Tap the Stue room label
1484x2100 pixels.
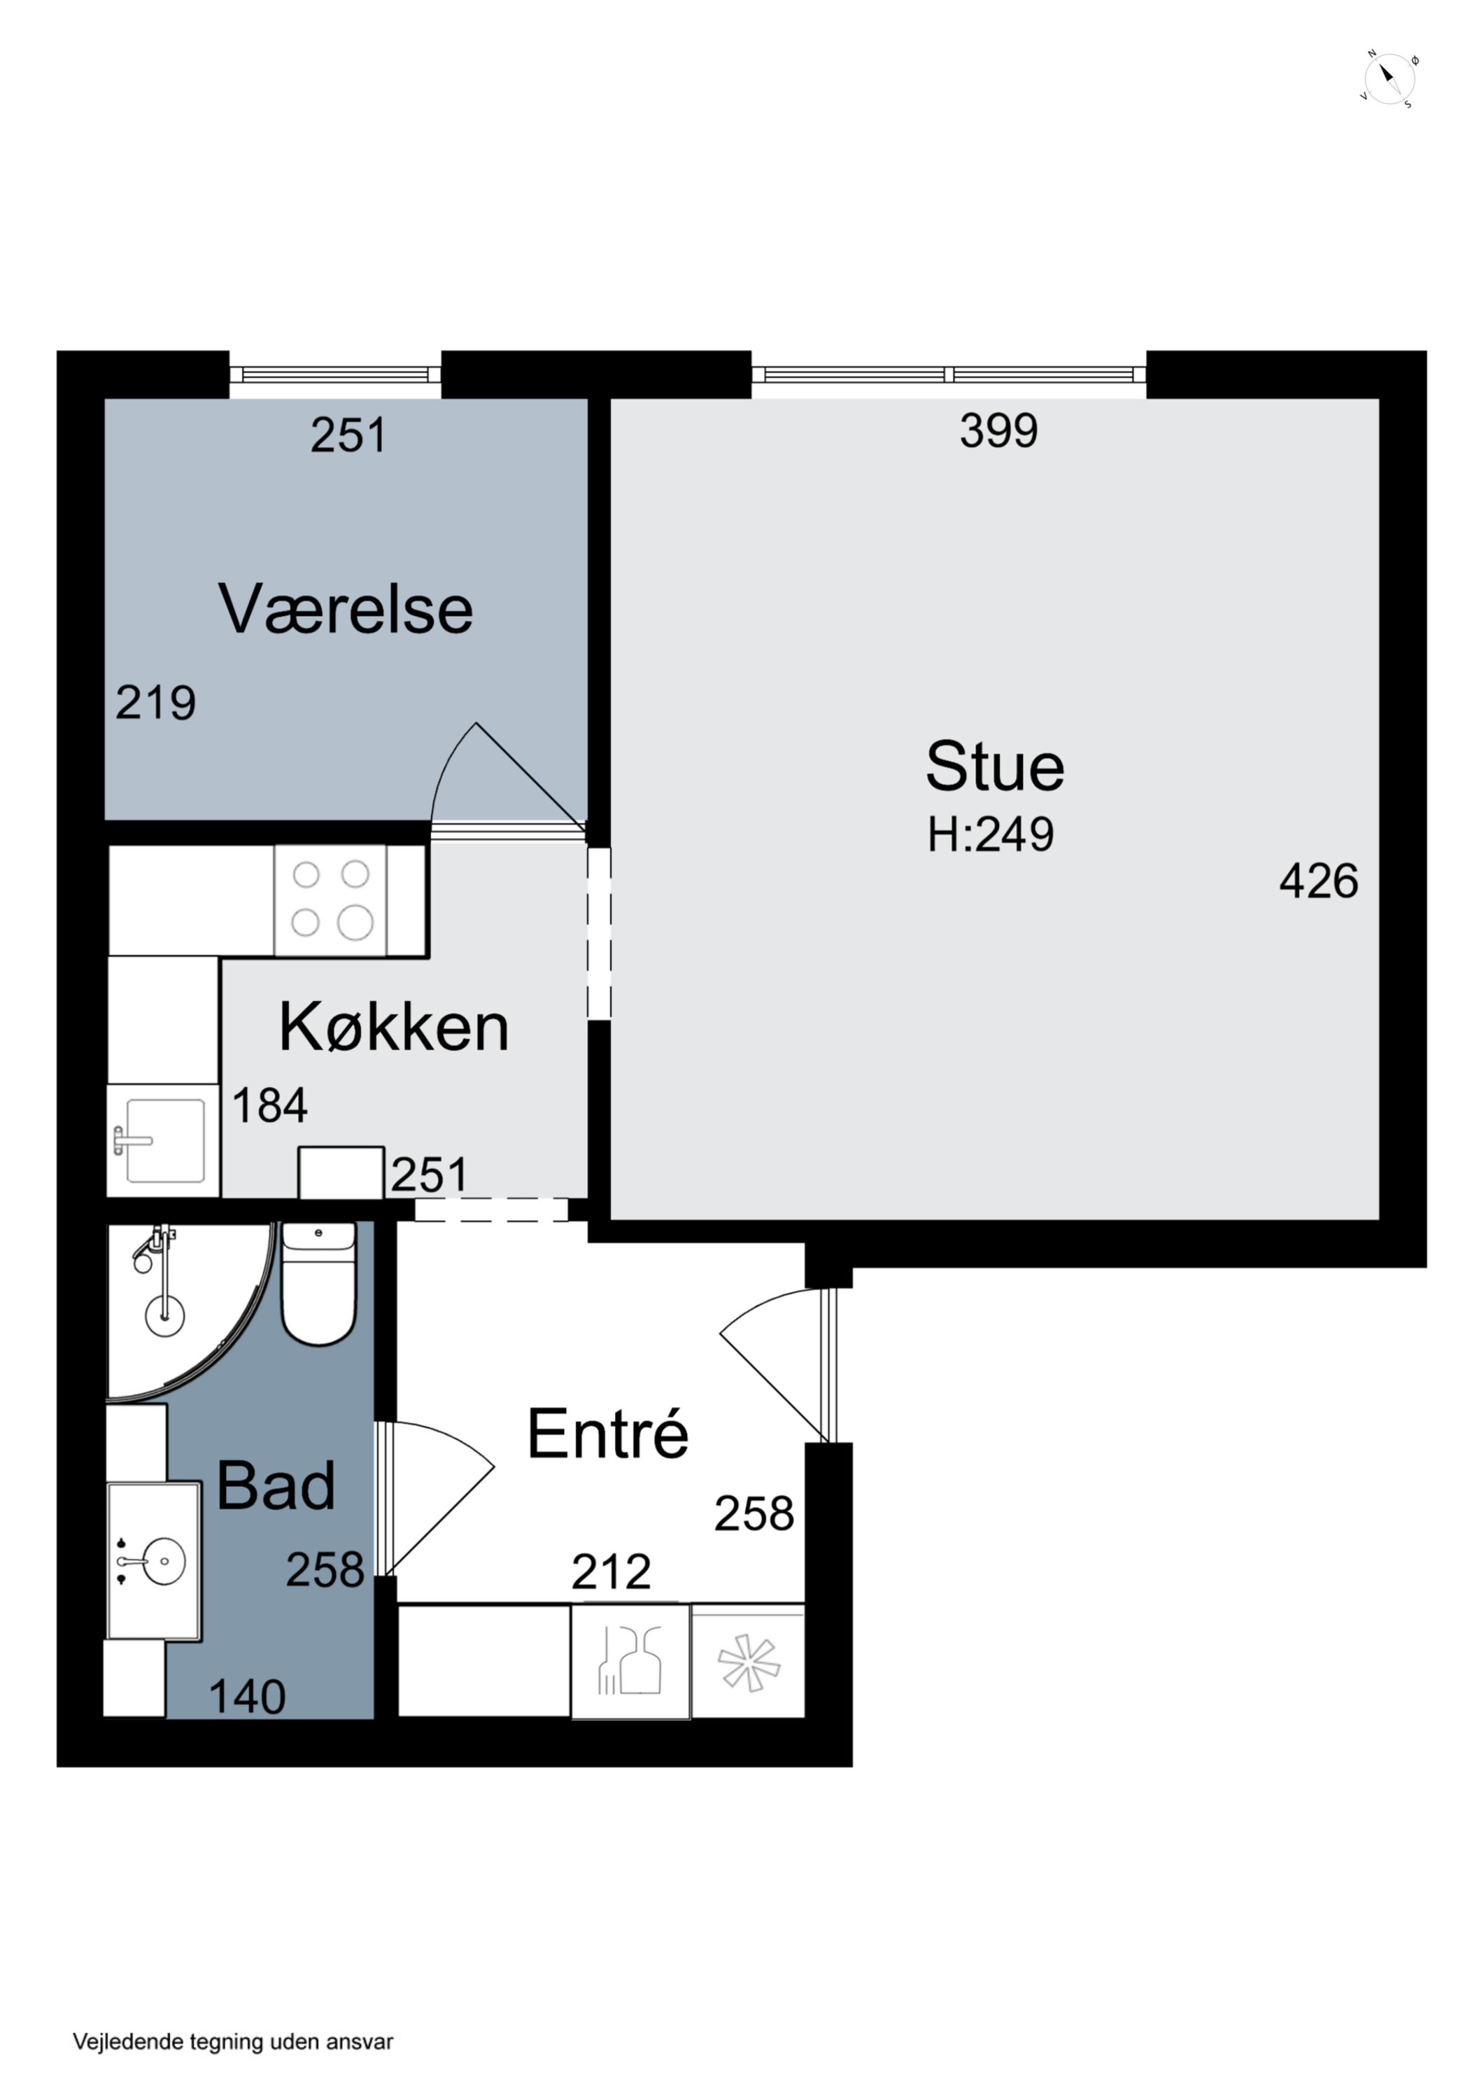[x=995, y=766]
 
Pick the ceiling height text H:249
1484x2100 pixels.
[x=990, y=834]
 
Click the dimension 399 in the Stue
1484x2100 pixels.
[x=998, y=430]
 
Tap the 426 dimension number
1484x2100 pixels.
[x=1317, y=881]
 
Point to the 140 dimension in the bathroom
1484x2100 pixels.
[x=247, y=1697]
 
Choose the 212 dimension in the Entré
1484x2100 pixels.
[x=611, y=1571]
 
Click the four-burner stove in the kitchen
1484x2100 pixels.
[x=331, y=900]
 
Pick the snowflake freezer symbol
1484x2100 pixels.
[x=748, y=1661]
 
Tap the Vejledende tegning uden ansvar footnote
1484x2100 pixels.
[x=233, y=2041]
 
